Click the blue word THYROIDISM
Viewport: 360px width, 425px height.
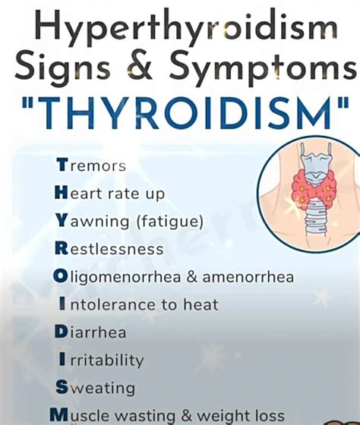point(180,114)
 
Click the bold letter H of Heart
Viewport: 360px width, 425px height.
point(61,194)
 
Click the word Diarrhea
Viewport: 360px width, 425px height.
point(90,332)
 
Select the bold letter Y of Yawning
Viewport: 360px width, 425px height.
point(61,222)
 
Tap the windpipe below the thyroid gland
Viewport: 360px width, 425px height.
point(311,220)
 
